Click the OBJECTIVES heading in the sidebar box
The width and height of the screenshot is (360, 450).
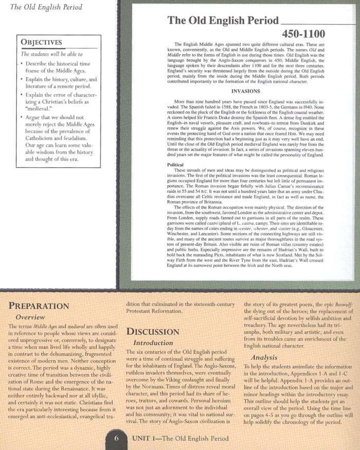41,42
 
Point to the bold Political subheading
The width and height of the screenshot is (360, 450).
176,165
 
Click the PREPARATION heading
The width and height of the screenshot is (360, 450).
39,305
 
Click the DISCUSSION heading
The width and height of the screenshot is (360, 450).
153,331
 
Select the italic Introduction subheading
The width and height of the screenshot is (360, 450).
153,343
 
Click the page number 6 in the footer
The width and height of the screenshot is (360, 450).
117,439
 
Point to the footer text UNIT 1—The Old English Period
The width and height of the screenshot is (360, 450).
180,439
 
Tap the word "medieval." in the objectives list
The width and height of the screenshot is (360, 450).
41,110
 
